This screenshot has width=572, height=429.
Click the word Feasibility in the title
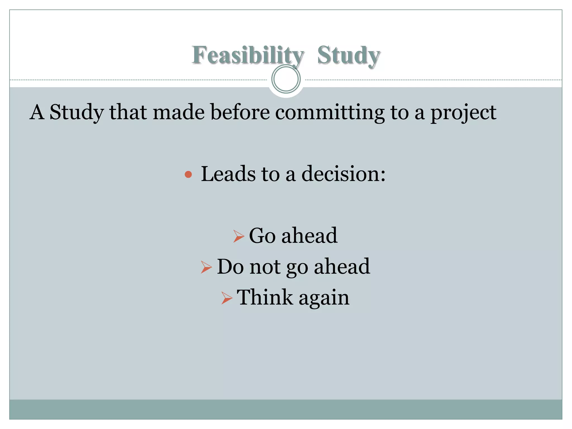pos(247,55)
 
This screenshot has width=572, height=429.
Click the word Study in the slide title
pos(349,55)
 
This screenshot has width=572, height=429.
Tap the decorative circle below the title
pos(286,79)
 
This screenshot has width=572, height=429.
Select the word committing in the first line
pos(330,112)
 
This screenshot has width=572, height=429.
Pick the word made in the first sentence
pos(178,112)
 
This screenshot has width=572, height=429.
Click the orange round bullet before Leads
pos(188,175)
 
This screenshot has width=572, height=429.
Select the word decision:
pos(344,174)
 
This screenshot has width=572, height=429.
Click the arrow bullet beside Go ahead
pos(239,236)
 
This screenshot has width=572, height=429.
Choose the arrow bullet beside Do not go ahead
pos(206,267)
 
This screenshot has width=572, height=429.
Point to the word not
pos(265,267)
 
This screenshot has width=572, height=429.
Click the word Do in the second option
pos(230,267)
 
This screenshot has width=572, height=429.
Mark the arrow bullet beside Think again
pos(227,298)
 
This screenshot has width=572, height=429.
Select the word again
pos(324,298)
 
